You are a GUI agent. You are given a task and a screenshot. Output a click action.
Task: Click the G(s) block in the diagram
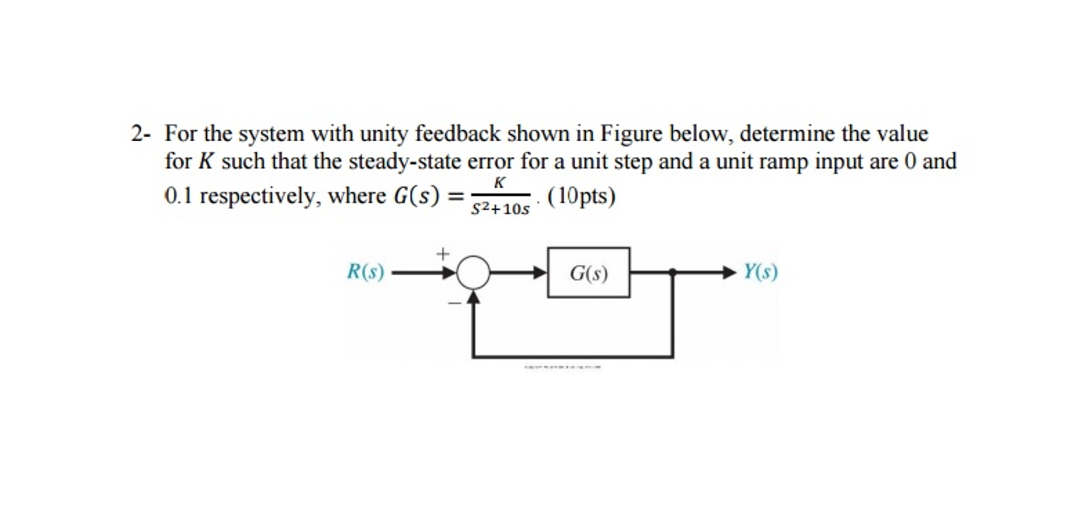click(588, 273)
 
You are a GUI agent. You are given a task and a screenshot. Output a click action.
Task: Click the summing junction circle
click(473, 273)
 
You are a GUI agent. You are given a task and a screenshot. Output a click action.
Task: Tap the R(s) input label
click(365, 272)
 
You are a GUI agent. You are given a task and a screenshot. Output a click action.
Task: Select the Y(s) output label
click(761, 272)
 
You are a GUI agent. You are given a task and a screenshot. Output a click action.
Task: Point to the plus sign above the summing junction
click(443, 254)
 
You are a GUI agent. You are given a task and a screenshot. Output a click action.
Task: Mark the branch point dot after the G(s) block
click(673, 272)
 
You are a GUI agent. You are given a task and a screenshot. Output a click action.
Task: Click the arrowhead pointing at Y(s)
click(730, 272)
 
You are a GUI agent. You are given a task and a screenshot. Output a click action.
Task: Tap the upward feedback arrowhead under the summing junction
click(473, 297)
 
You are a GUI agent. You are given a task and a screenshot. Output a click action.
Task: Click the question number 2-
click(140, 134)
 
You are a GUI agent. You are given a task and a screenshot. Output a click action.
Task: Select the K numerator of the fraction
click(500, 183)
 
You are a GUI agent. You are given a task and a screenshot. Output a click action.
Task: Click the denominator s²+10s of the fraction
click(500, 209)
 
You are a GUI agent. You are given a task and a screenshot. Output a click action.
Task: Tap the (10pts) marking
click(581, 196)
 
